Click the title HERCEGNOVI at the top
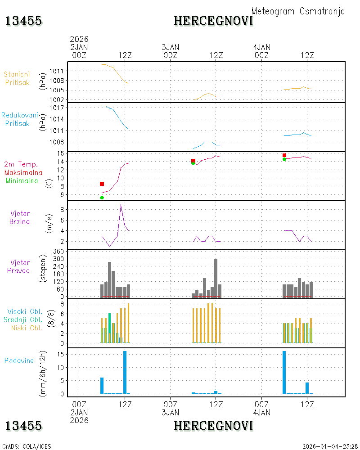pos(213,21)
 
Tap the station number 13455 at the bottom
pos(23,426)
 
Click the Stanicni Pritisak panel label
pos(17,78)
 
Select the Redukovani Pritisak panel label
pos(19,119)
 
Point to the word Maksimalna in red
pos(23,173)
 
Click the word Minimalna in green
pos(22,181)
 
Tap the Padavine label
pos(19,361)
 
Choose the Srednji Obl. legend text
pos(22,319)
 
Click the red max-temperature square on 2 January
pos(102,184)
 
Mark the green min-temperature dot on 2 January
pos(102,198)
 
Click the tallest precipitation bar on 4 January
pos(284,372)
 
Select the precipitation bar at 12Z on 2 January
pos(125,372)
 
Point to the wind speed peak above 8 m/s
pos(121,204)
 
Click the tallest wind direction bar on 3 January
pos(216,278)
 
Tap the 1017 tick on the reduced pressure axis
pos(56,108)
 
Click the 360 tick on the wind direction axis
pos(58,252)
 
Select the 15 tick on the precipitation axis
pos(60,355)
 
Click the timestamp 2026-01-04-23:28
pos(329,446)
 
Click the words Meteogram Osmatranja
pos(298,12)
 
